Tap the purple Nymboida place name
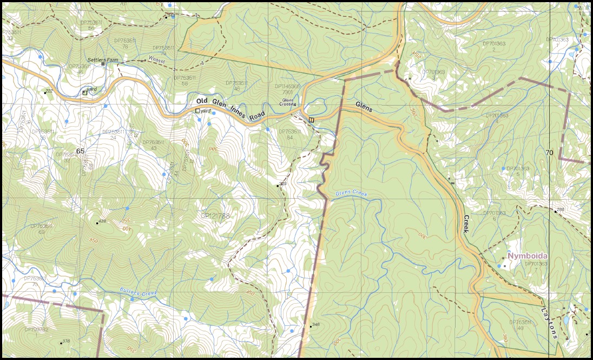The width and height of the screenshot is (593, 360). (x=527, y=256)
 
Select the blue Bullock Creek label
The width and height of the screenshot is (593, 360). (x=138, y=293)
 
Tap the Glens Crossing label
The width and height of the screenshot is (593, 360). (x=288, y=102)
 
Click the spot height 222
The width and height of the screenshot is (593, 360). (x=49, y=91)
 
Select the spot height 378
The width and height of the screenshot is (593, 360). (x=65, y=341)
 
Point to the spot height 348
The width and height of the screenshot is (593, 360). (x=316, y=325)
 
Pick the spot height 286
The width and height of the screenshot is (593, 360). (x=560, y=210)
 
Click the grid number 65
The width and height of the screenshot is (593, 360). (x=81, y=151)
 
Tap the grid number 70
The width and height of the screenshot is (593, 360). (x=549, y=153)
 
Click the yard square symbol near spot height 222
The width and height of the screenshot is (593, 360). (x=84, y=93)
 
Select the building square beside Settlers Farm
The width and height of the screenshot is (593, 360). (x=103, y=64)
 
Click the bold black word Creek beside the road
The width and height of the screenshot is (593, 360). (x=467, y=224)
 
